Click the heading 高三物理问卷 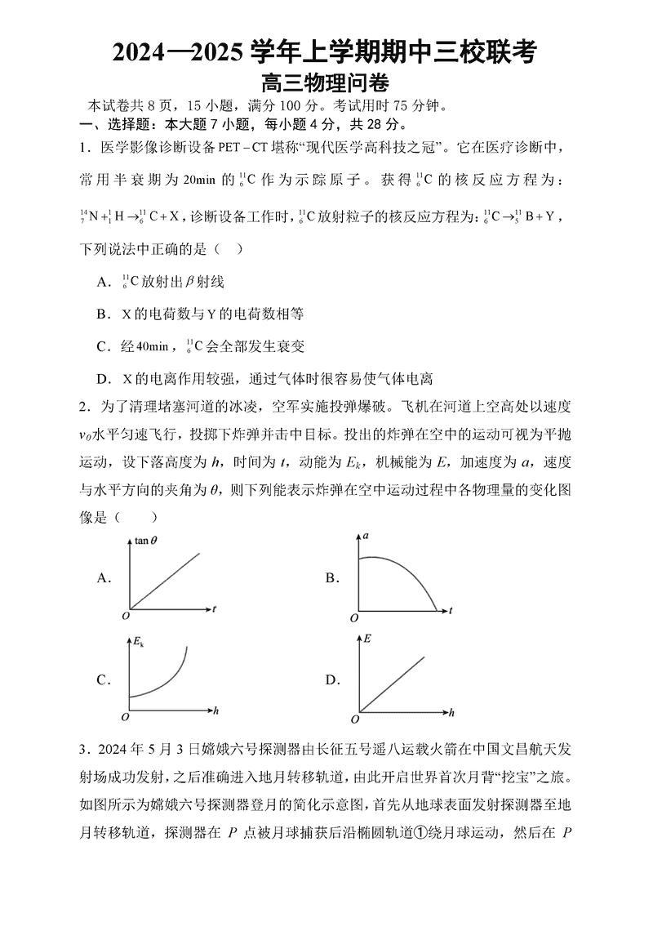[x=324, y=83]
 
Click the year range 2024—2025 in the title [x=175, y=54]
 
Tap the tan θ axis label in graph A [x=147, y=540]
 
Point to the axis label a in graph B [x=366, y=536]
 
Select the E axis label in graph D [x=367, y=638]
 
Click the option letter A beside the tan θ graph [x=103, y=578]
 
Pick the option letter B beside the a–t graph [x=331, y=578]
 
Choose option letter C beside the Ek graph [x=103, y=679]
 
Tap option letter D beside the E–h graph [x=331, y=679]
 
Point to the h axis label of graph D [x=451, y=713]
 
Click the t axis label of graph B [x=450, y=611]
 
